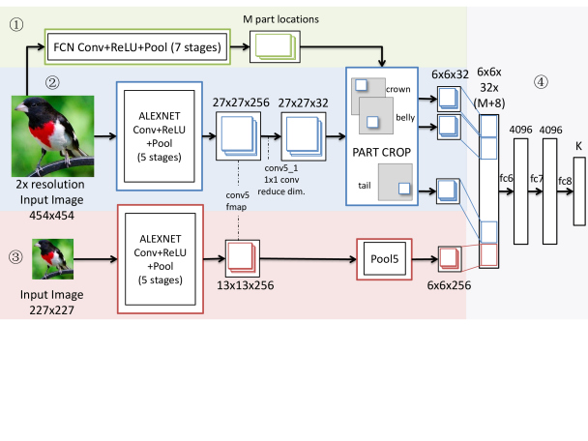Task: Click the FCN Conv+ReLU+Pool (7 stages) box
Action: pos(137,46)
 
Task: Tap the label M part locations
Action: pos(280,19)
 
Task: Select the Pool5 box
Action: pos(384,259)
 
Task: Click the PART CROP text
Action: pos(381,152)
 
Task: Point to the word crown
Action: pos(397,89)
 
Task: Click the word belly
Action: pos(405,117)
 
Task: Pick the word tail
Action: pos(365,186)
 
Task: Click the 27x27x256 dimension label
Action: pos(241,103)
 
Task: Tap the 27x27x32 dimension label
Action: pos(303,103)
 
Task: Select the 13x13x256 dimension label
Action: pos(246,285)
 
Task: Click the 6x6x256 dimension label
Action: pos(449,285)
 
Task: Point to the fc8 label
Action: pos(565,181)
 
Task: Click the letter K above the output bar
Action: pos(578,146)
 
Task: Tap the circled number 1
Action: pos(16,25)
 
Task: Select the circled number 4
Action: pos(541,82)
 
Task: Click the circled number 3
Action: pos(15,257)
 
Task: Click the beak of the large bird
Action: pos(21,107)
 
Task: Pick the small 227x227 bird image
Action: pos(53,259)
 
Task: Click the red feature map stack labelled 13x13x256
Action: pos(242,258)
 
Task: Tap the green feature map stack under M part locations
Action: pos(276,46)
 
